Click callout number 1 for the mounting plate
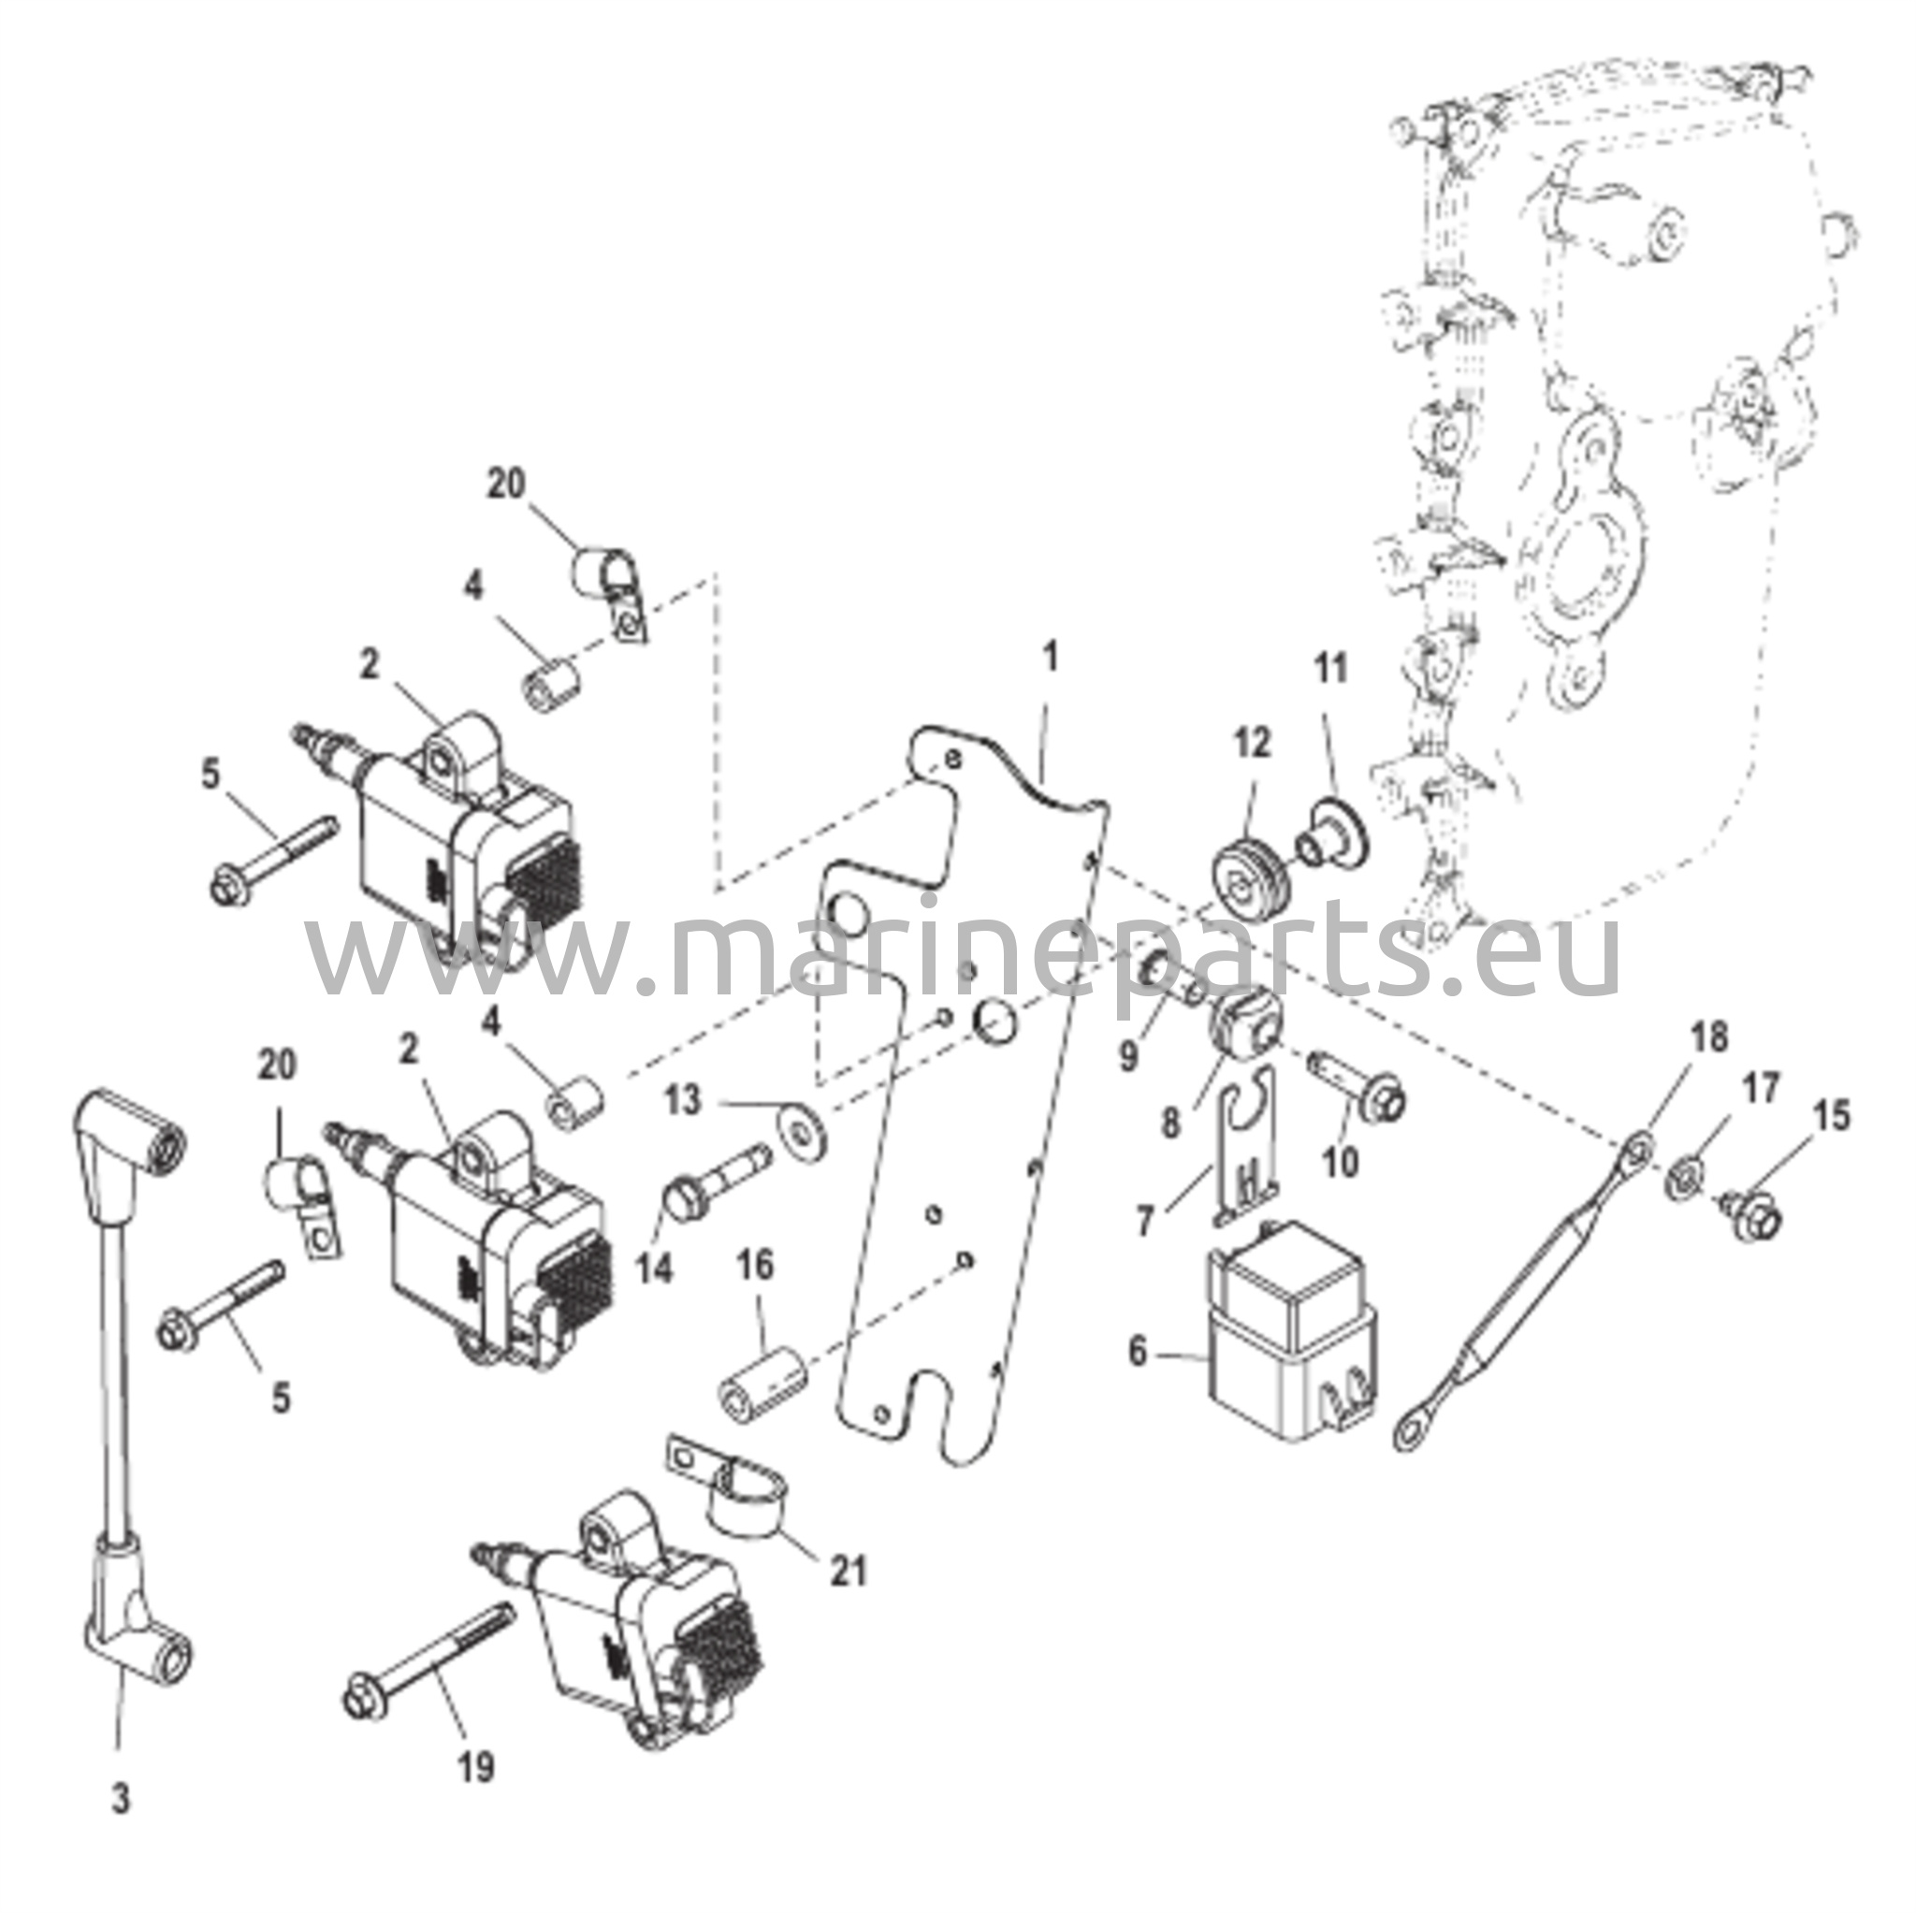tap(1051, 657)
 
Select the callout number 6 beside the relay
tap(1138, 1351)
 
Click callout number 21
tap(848, 1570)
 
